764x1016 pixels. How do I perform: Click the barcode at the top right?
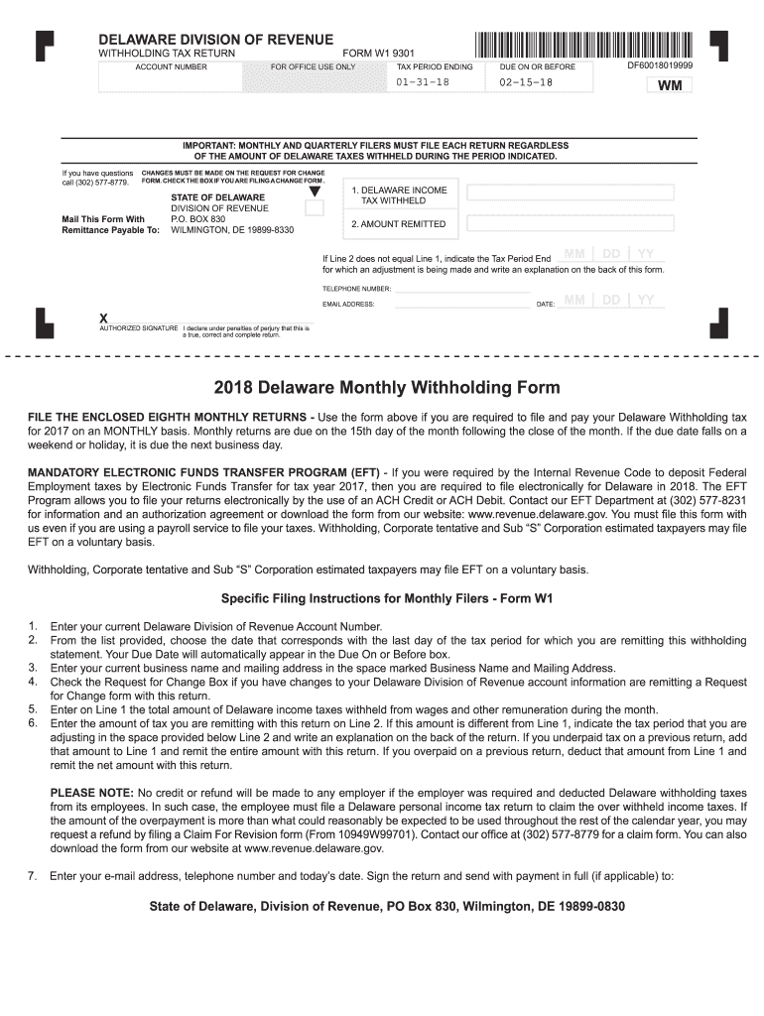point(583,45)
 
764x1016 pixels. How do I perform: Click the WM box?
point(669,85)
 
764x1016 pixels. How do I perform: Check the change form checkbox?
point(315,208)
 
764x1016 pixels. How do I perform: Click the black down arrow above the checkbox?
point(315,191)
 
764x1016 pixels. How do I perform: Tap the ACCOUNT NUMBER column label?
point(171,67)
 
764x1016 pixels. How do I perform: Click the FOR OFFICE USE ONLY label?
point(313,67)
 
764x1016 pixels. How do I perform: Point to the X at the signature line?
point(103,317)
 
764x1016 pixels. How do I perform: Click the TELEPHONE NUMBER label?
point(357,289)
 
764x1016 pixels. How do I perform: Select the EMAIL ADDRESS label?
point(348,304)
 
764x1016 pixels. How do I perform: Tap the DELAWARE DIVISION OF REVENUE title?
point(214,39)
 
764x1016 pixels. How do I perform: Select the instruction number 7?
point(32,876)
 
